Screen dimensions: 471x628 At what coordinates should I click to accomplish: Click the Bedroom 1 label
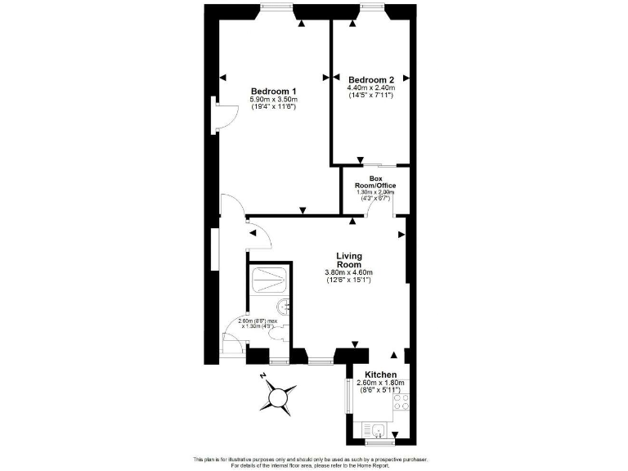tap(273, 90)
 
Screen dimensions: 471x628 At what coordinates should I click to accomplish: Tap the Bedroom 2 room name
tap(371, 78)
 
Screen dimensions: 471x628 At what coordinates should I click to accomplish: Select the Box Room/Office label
tap(376, 182)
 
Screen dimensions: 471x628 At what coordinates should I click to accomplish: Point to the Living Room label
tap(348, 261)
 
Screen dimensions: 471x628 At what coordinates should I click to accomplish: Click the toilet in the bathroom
tap(278, 331)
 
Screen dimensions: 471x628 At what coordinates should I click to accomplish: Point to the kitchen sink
tap(378, 430)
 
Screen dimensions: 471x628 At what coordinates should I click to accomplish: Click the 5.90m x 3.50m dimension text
tap(273, 99)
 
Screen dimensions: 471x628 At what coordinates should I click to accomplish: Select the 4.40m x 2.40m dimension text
tap(371, 87)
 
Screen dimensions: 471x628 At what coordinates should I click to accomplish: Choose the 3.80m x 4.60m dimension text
tap(348, 272)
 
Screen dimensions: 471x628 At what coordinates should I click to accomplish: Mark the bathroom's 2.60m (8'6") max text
tap(257, 321)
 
